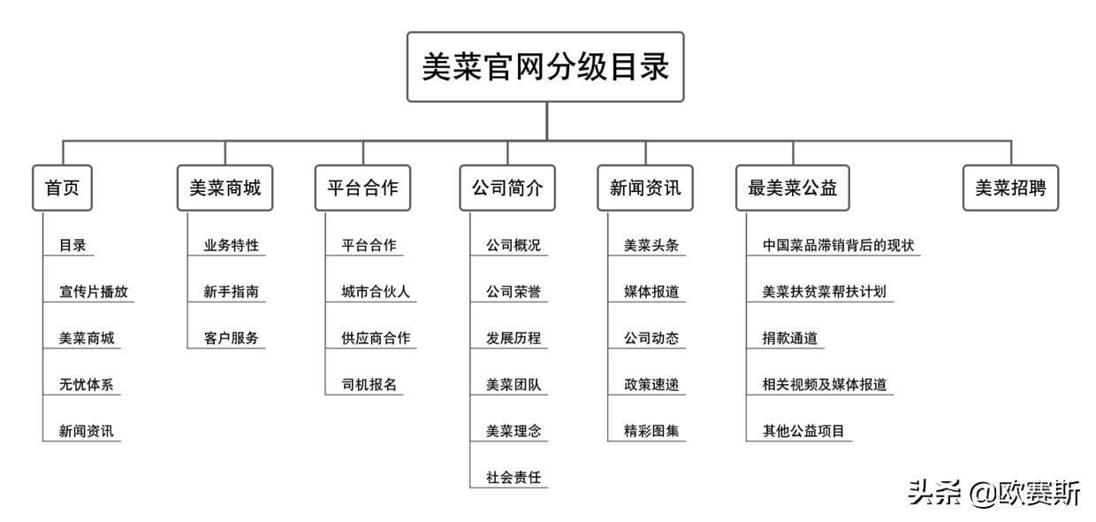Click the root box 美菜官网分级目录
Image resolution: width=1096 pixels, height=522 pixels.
(x=545, y=67)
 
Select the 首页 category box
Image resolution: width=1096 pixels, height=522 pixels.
(x=62, y=188)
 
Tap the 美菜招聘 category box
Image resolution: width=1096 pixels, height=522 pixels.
(x=1010, y=188)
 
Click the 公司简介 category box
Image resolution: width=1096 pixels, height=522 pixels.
(x=507, y=188)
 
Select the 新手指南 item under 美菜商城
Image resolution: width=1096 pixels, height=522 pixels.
(x=231, y=292)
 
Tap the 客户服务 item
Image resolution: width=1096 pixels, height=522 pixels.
(x=231, y=338)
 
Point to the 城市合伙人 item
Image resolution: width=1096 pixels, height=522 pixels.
(x=376, y=292)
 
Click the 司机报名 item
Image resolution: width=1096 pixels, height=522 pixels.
(x=369, y=385)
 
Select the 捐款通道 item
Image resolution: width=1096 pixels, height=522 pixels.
(x=789, y=338)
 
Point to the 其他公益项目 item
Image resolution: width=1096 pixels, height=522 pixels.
(x=803, y=432)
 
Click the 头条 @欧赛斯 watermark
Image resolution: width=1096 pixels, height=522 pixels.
(x=993, y=493)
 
